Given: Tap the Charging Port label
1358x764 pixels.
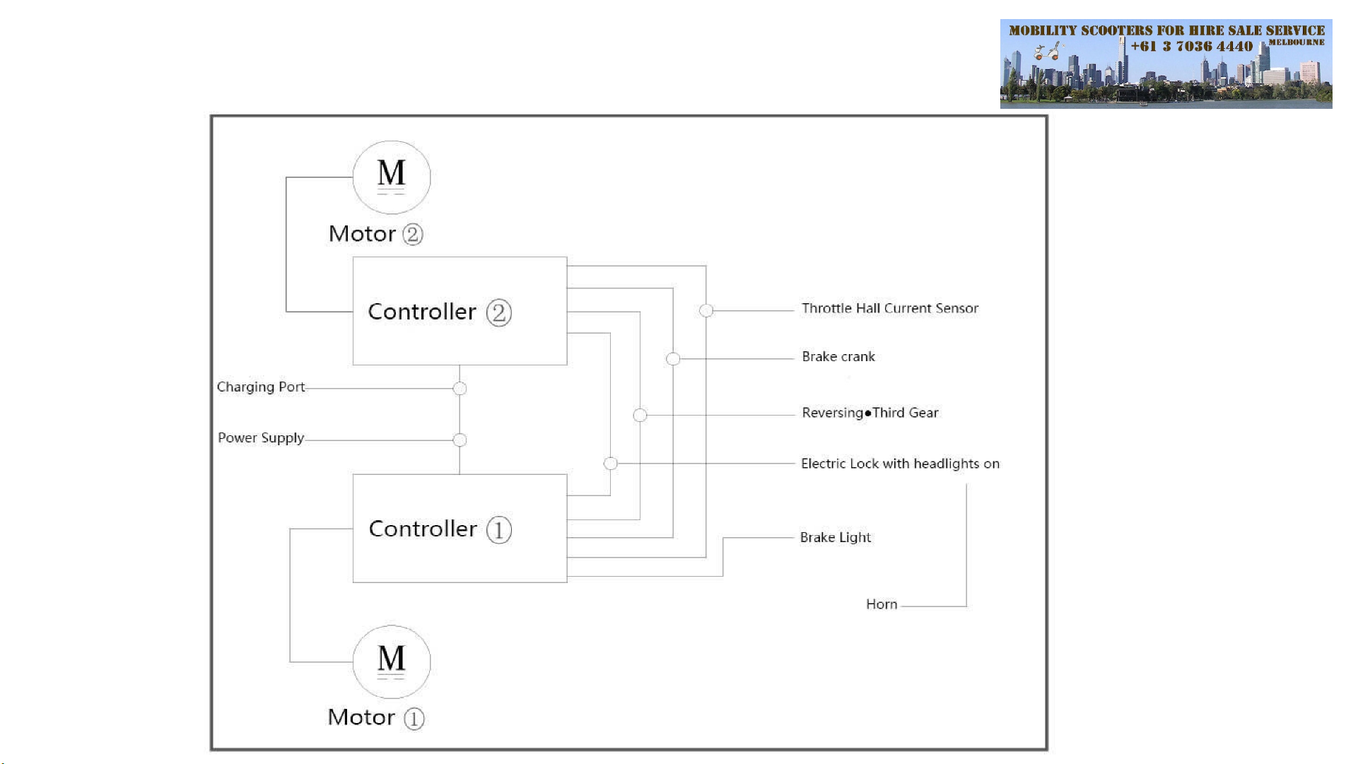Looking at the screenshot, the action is (261, 387).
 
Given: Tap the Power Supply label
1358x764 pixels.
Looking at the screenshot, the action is (261, 438).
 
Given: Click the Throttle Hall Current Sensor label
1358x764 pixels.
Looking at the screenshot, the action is (890, 308).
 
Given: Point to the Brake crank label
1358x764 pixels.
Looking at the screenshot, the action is (838, 357).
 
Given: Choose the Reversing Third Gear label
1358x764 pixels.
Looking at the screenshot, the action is (870, 413).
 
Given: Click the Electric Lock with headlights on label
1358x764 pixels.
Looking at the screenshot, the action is (900, 464).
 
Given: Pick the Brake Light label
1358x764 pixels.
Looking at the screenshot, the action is (836, 538).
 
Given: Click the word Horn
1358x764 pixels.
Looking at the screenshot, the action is (882, 604).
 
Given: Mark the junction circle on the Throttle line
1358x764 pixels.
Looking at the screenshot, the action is (706, 310).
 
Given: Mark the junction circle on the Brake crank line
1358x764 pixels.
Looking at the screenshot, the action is (673, 359).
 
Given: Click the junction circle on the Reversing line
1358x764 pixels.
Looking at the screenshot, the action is (640, 415).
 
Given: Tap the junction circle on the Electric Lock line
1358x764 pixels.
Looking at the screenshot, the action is (611, 464).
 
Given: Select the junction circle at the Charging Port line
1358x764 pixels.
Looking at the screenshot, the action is (460, 388).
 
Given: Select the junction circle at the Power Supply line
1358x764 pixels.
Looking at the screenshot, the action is (460, 440).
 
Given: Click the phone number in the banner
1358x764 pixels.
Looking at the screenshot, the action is (1192, 47).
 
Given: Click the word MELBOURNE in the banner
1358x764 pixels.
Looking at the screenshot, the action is (1296, 42).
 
